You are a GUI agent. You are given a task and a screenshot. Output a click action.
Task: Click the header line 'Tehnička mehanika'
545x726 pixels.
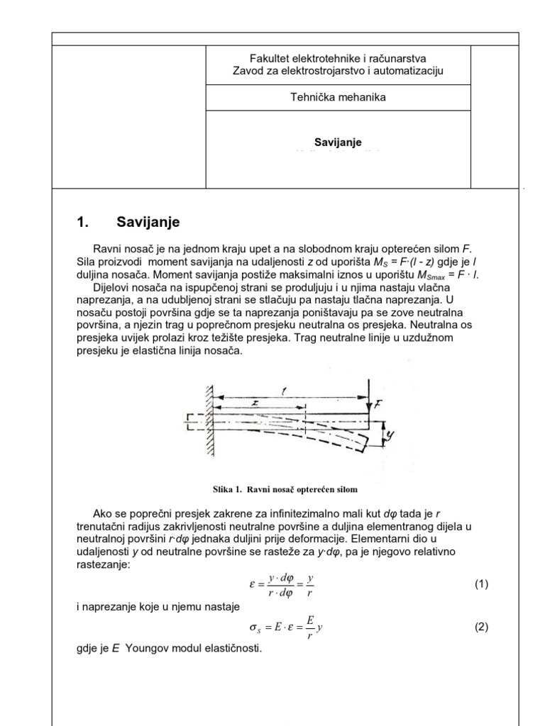click(x=338, y=97)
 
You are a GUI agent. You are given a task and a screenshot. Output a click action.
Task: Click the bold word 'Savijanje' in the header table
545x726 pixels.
click(x=338, y=143)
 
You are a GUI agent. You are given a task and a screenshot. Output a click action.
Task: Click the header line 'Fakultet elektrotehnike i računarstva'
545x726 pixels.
click(x=338, y=59)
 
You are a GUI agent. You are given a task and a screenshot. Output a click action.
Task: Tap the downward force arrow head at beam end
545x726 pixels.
click(x=370, y=410)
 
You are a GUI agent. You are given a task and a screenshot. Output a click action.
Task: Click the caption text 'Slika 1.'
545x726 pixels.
click(x=229, y=488)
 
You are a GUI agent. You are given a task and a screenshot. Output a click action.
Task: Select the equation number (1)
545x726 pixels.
click(x=482, y=585)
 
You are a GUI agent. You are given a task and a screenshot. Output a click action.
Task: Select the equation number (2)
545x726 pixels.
click(x=482, y=627)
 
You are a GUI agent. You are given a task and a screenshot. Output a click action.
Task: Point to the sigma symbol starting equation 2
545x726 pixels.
click(x=248, y=629)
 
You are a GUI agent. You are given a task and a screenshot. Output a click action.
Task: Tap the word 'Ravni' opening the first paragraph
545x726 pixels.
click(x=107, y=250)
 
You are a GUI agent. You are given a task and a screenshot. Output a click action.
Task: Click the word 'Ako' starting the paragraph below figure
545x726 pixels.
click(x=103, y=513)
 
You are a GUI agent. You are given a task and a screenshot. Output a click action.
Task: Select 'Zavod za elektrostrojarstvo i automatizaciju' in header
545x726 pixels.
click(x=338, y=71)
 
